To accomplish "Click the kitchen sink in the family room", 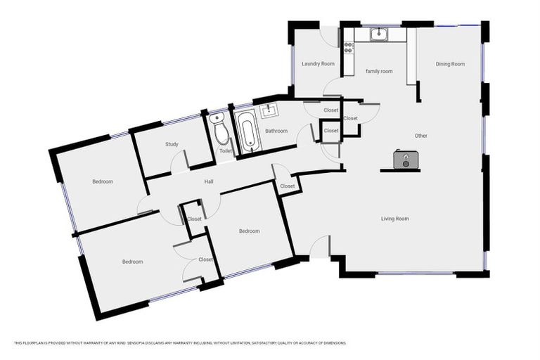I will coord(378,33).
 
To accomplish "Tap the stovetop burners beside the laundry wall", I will coord(348,48).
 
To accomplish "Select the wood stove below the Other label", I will coord(403,160).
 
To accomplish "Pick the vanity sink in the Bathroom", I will coord(269,111).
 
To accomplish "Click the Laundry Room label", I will coord(318,64).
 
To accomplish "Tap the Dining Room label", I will coord(450,64).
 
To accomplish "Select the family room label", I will coord(378,71).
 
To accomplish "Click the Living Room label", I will coord(394,219).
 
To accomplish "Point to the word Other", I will coord(420,136).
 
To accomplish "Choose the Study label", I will coord(172,144).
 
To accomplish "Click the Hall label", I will coord(209,182).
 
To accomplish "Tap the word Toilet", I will coord(226,151).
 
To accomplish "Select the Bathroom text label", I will coord(276,131).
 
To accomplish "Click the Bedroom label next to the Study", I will coord(103,181).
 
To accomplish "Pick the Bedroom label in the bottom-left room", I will coord(132,262).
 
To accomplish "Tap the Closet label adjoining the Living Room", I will coord(288,186).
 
